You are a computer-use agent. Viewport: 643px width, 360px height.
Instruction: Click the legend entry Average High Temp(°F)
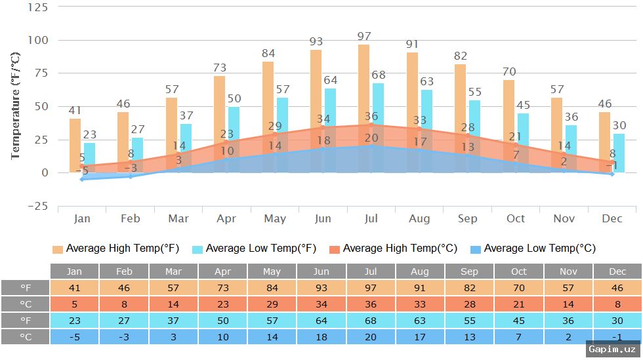[x=115, y=249]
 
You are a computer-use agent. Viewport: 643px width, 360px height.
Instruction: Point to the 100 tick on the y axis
[x=39, y=40]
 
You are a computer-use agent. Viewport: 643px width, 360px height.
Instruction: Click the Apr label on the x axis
[x=226, y=218]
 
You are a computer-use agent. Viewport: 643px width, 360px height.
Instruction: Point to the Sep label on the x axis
[x=468, y=218]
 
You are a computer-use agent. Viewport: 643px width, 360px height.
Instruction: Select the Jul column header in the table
[x=371, y=271]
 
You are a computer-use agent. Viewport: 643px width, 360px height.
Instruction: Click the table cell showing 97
[x=371, y=288]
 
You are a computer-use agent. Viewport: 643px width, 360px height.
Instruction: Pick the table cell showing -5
[x=75, y=336]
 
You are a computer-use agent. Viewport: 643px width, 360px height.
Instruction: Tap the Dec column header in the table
[x=617, y=271]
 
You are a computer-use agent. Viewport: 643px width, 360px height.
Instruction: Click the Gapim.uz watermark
[x=612, y=349]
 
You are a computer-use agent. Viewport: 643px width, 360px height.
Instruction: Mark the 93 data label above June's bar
[x=316, y=42]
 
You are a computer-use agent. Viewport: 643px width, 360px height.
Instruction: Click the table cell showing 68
[x=371, y=320]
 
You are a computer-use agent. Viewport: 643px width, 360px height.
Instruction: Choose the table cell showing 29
[x=272, y=304]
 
